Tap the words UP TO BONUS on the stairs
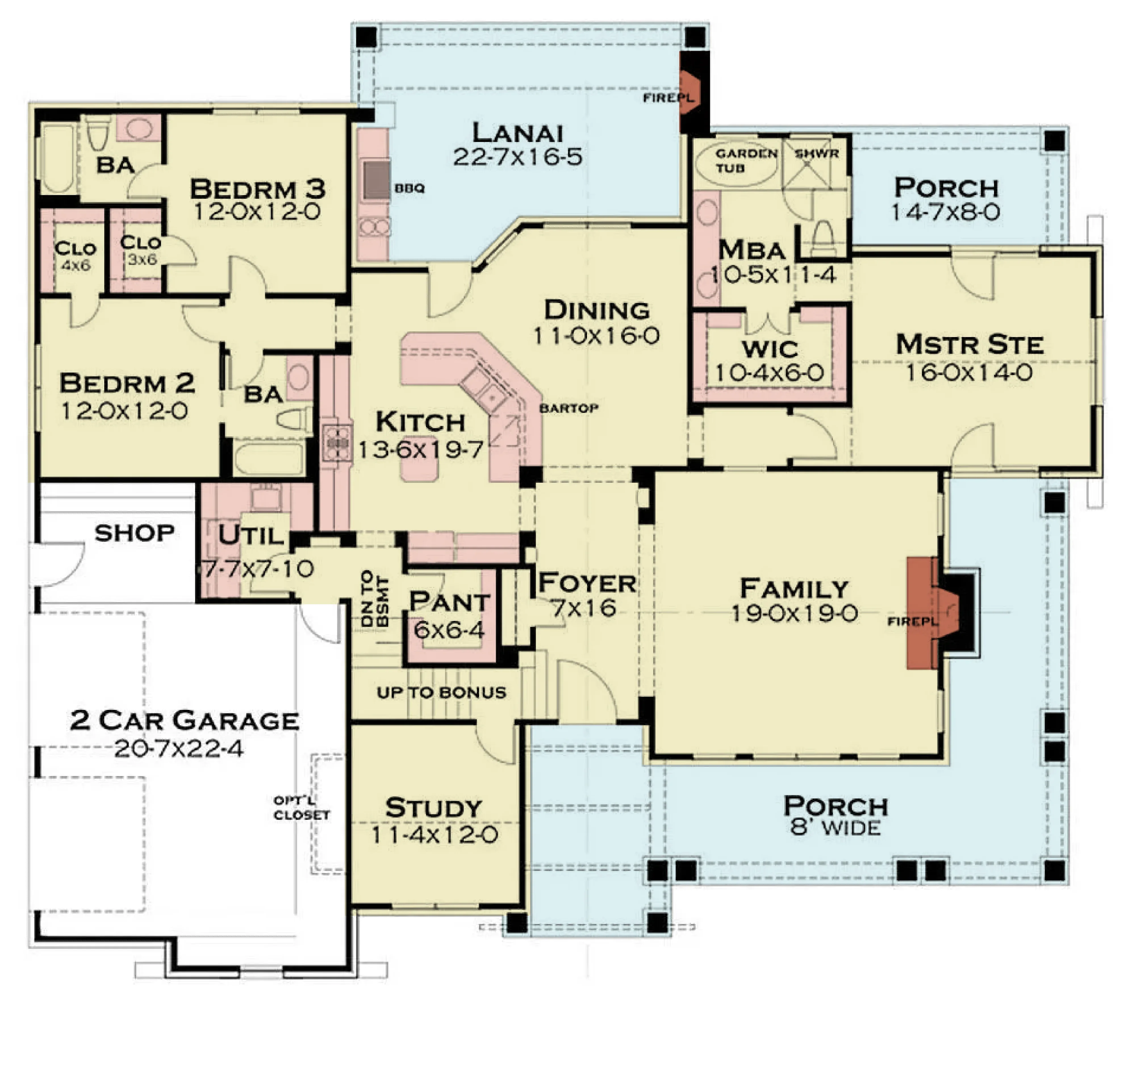(441, 692)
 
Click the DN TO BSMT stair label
(374, 599)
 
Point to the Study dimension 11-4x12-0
(434, 835)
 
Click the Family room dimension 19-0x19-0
(794, 613)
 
